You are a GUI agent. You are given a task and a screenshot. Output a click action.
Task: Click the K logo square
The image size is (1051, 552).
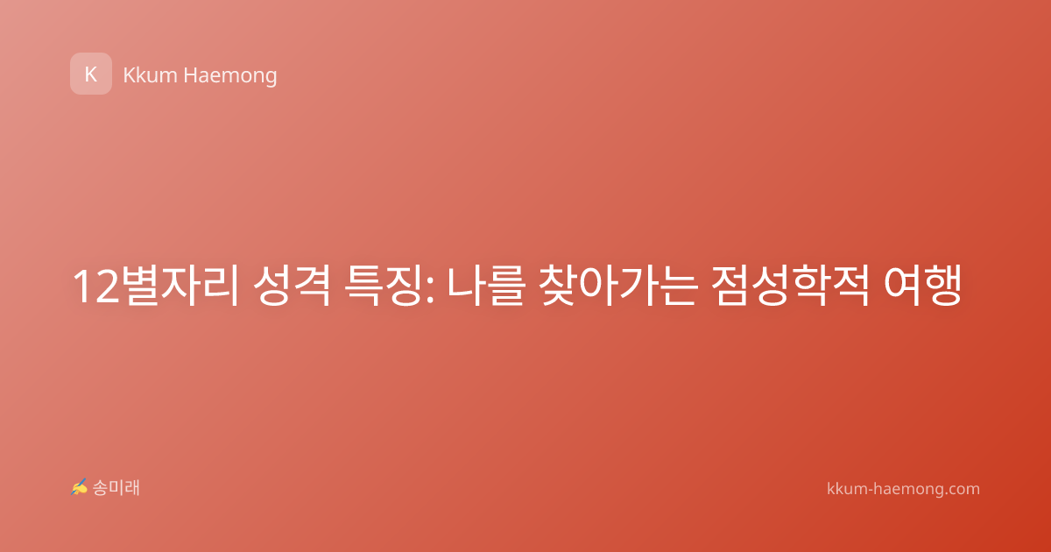click(91, 74)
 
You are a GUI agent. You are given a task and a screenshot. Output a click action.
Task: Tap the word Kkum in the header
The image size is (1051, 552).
click(150, 75)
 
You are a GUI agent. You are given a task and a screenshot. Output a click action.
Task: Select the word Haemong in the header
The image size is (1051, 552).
click(229, 76)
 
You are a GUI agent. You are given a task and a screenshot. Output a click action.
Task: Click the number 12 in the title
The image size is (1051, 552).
click(96, 287)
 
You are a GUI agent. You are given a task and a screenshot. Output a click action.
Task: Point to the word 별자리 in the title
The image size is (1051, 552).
click(180, 285)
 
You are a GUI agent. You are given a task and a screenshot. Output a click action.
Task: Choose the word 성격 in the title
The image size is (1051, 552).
click(292, 285)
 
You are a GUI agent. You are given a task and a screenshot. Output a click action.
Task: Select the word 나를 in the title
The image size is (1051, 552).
click(485, 285)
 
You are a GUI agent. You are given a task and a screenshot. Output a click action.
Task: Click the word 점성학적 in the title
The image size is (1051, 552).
click(791, 285)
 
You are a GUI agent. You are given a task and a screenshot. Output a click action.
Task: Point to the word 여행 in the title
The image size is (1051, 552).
click(923, 285)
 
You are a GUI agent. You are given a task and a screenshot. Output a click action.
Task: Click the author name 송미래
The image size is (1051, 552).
click(116, 488)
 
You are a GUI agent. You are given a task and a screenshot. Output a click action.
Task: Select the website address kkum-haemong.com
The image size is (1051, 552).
click(903, 489)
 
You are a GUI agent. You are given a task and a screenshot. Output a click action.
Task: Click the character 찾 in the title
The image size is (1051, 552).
click(559, 285)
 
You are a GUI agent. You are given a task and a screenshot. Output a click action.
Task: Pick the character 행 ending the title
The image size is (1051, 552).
click(943, 285)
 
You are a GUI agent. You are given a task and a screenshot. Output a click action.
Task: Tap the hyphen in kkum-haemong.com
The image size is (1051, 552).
click(871, 491)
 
